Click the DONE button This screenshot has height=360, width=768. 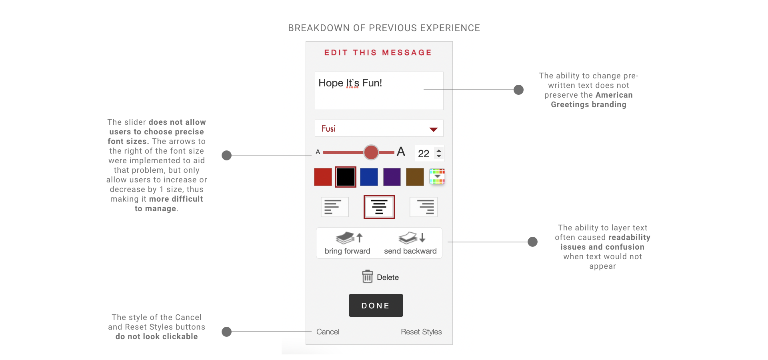(x=376, y=305)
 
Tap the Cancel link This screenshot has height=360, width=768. (x=328, y=332)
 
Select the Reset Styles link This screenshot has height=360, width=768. (x=421, y=332)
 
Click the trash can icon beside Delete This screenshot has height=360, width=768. (x=367, y=276)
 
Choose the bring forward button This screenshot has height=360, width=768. (x=347, y=243)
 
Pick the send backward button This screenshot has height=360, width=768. (x=410, y=243)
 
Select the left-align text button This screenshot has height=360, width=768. (x=335, y=207)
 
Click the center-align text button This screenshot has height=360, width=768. (x=379, y=207)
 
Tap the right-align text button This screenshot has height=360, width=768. (x=424, y=207)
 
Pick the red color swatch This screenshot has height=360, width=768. (x=323, y=177)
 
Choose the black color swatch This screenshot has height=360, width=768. (x=346, y=177)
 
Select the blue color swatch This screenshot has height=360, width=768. (x=369, y=177)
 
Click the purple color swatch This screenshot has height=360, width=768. (x=392, y=177)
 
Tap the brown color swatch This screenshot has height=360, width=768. (x=415, y=177)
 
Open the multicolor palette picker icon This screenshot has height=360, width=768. (x=437, y=176)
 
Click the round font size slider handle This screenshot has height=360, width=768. (x=371, y=152)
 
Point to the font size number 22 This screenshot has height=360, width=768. (x=424, y=154)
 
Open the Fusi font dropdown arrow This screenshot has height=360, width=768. (x=433, y=129)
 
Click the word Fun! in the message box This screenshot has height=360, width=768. (x=372, y=83)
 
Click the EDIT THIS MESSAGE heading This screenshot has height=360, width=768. (x=378, y=53)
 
